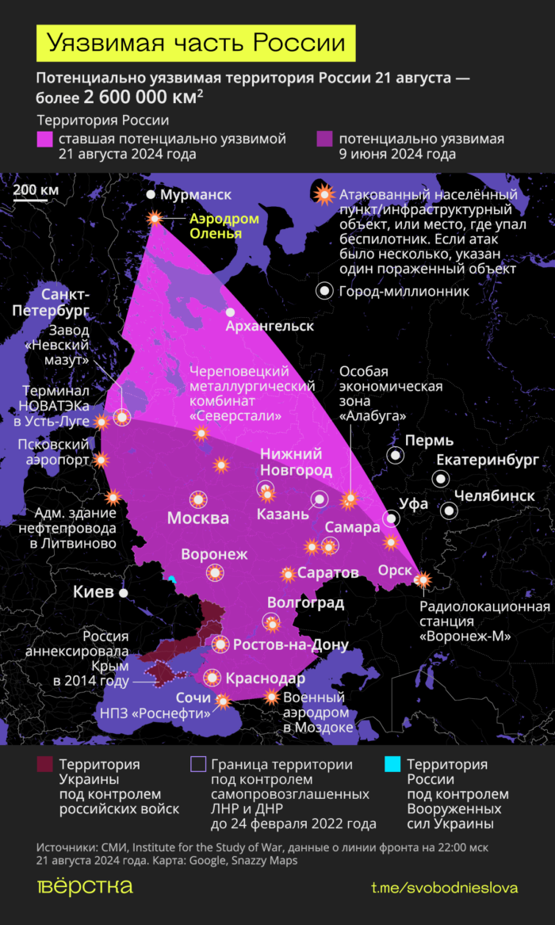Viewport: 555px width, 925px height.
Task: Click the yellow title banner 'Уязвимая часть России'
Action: pos(196,43)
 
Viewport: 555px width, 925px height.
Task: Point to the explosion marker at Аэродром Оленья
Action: pos(155,218)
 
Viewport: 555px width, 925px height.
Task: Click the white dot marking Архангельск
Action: pos(231,312)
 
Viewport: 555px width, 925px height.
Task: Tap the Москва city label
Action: pos(197,518)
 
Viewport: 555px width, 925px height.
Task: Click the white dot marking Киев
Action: pos(123,592)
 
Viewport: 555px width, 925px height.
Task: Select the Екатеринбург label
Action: pos(488,461)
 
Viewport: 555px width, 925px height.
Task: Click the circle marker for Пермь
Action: pos(394,455)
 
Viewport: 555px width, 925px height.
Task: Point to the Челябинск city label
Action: pos(494,495)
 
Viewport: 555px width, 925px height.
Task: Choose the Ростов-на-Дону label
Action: pos(290,644)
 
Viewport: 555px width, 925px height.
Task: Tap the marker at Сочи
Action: pos(223,701)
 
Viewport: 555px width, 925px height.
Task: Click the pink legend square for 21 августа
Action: pos(44,140)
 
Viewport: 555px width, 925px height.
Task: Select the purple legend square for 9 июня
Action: pos(323,140)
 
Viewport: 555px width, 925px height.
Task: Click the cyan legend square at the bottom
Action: pos(391,765)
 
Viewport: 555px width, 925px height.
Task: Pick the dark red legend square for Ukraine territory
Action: pos(44,765)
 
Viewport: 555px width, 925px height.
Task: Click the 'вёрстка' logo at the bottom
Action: pos(85,886)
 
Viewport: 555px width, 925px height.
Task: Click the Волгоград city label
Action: pos(305,603)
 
